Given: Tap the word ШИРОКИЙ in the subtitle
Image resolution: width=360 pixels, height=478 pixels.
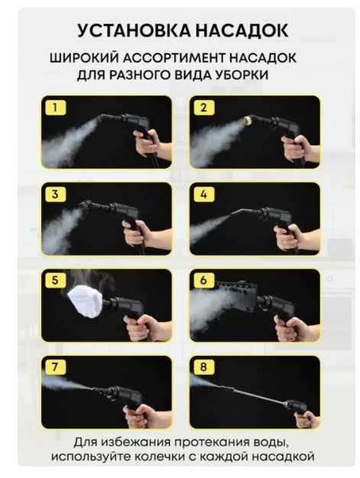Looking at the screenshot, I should tap(81, 58).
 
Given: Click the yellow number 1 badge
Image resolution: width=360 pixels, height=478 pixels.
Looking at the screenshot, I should tap(54, 107).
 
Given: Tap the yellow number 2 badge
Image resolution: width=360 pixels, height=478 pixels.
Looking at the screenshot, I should tap(203, 107).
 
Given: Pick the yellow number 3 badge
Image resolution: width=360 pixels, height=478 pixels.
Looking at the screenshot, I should tap(54, 194).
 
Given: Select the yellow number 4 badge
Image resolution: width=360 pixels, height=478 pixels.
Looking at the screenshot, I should tap(203, 194).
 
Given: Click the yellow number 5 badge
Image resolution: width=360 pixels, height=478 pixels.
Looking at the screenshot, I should tap(54, 280).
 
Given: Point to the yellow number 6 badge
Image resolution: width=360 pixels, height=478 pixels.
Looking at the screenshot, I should tap(203, 280).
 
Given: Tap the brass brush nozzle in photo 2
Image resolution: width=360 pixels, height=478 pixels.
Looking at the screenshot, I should tap(248, 121).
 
